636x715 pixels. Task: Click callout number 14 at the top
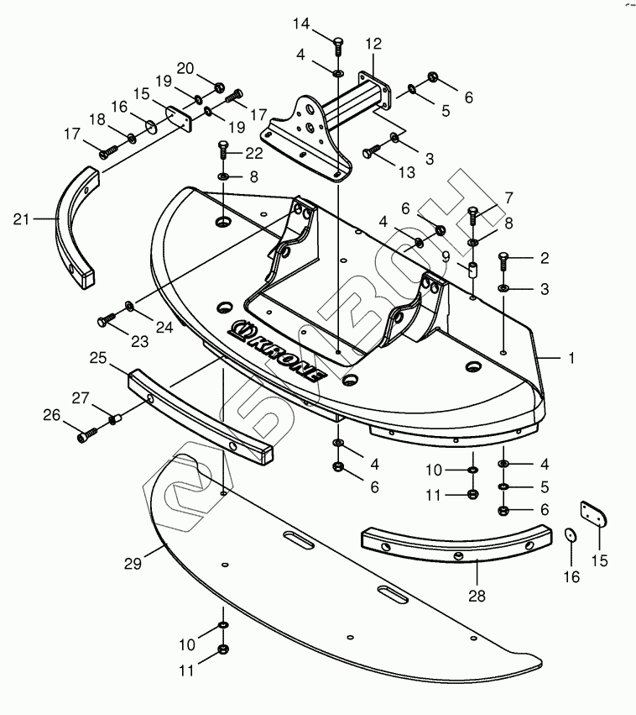tap(301, 24)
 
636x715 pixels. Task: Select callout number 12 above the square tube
tap(373, 44)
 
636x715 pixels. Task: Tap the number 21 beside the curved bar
tap(22, 219)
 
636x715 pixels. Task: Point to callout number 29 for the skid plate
tap(133, 564)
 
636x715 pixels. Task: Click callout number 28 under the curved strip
tap(477, 596)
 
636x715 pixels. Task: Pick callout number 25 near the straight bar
tap(98, 358)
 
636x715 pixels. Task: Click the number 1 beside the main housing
tap(571, 358)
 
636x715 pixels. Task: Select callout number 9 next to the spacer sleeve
tap(446, 257)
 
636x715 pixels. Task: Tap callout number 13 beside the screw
tap(407, 172)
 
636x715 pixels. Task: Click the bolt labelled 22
tap(222, 149)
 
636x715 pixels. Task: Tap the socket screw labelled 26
tap(87, 434)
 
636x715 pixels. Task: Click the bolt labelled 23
tap(106, 319)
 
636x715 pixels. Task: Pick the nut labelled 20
tap(218, 86)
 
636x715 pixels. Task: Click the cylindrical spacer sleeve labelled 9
tap(472, 270)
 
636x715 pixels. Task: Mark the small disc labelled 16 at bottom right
tap(570, 535)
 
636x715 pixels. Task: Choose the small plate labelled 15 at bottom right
tap(594, 514)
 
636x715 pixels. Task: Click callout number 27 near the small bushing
tap(81, 397)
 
